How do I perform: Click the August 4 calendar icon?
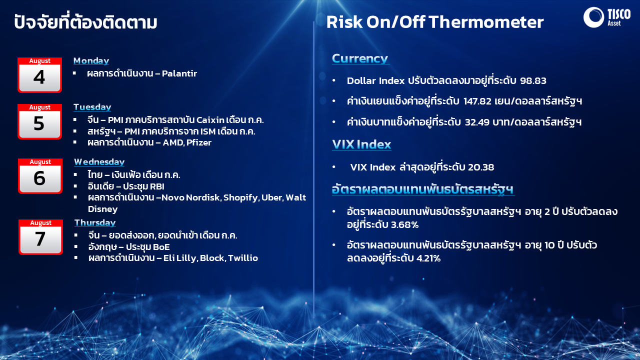point(39,75)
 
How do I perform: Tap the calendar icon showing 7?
point(40,237)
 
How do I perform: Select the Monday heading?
point(91,60)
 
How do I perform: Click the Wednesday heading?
point(99,161)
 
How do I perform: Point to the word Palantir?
point(179,73)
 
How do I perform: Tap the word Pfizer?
point(199,142)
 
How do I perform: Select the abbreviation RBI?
point(157,186)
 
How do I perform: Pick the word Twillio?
point(243,258)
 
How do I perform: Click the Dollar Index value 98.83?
point(533,80)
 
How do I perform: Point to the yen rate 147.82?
point(477,101)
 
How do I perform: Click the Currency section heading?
point(360,58)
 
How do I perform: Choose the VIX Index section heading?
point(361,144)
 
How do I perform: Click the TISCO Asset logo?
point(607,17)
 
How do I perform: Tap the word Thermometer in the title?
point(486,22)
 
